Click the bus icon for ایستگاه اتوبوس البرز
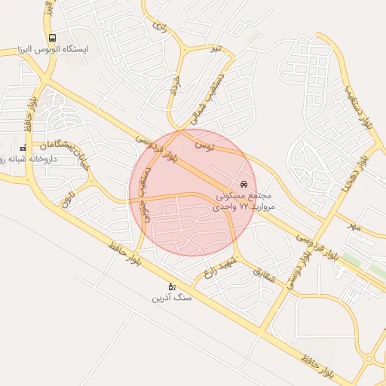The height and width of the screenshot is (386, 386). (52, 38)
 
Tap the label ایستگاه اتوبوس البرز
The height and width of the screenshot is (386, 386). (53, 49)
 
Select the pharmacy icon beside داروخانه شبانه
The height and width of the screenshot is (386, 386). (23, 148)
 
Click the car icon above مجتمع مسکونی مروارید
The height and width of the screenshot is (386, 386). (243, 184)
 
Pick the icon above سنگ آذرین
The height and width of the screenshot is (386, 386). (172, 286)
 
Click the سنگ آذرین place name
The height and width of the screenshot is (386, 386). (172, 298)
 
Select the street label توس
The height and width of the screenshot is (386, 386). (205, 142)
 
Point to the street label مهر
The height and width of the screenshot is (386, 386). (354, 225)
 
